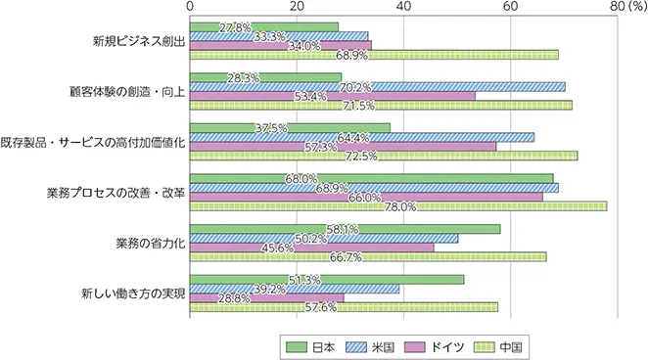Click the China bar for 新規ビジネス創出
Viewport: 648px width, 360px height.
tap(372, 55)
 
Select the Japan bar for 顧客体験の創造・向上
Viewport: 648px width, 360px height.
tap(264, 77)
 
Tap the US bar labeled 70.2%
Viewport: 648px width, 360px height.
tap(377, 87)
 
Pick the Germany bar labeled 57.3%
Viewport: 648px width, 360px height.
tap(343, 147)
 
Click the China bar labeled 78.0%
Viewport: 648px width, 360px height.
tap(397, 206)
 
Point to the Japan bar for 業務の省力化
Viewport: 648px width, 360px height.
tap(344, 229)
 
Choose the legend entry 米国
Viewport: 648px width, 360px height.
tap(373, 345)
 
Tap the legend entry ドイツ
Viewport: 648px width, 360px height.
tap(435, 345)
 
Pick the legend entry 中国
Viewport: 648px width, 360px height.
tap(500, 345)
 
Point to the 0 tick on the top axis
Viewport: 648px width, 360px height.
tap(190, 7)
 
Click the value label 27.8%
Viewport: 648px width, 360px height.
tap(239, 25)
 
